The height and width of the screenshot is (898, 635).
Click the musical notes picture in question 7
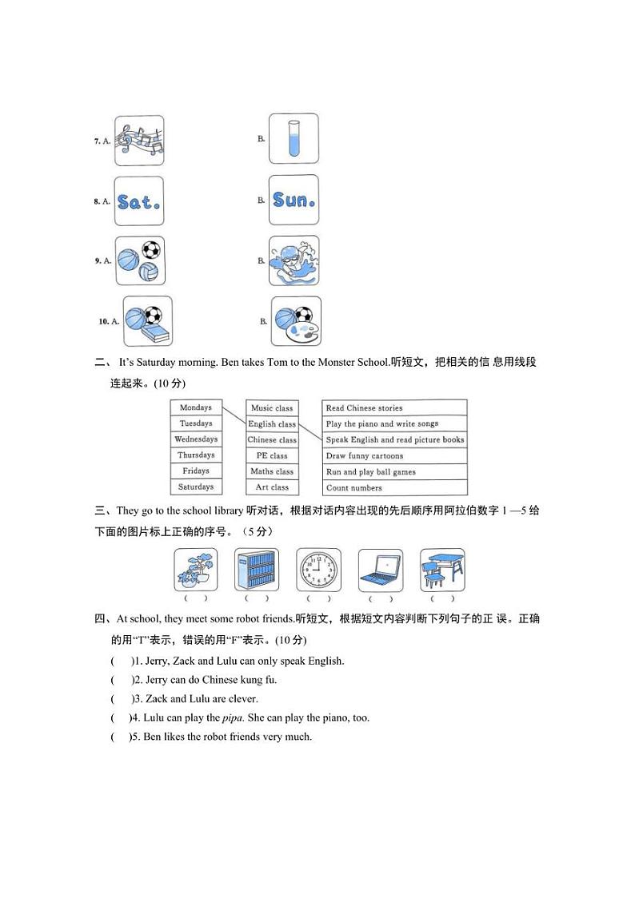[x=139, y=141]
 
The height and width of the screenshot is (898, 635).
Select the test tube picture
[x=294, y=138]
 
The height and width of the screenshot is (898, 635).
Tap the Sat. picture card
[x=139, y=201]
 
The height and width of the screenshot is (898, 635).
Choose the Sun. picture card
[x=294, y=200]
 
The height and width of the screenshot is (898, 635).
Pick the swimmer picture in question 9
[x=294, y=260]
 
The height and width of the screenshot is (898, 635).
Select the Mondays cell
[x=196, y=407]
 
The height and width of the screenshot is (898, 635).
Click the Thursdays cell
[x=196, y=455]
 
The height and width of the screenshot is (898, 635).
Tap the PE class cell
[x=272, y=455]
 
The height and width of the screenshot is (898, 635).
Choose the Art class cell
[x=272, y=487]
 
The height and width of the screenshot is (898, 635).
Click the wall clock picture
[x=318, y=570]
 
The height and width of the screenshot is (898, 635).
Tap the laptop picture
[x=380, y=570]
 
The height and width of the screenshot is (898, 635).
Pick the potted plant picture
[x=196, y=570]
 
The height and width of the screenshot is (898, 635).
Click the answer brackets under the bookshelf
[x=257, y=598]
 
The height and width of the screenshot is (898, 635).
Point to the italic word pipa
[x=231, y=717]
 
